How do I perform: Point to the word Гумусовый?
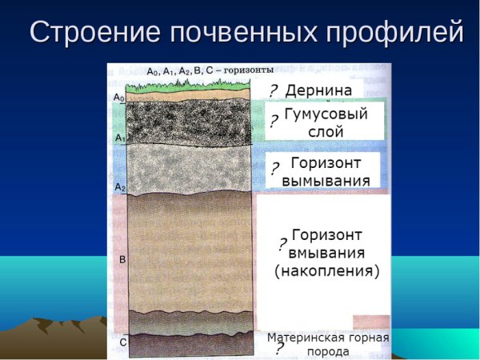tap(326, 114)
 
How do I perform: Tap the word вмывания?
tap(329, 253)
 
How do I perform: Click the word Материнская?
tap(303, 337)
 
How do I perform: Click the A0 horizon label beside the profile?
tap(118, 98)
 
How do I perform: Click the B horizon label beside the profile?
tap(122, 260)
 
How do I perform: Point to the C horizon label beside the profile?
tap(122, 342)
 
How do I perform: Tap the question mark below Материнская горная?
tap(279, 348)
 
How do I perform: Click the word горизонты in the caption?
tap(248, 70)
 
